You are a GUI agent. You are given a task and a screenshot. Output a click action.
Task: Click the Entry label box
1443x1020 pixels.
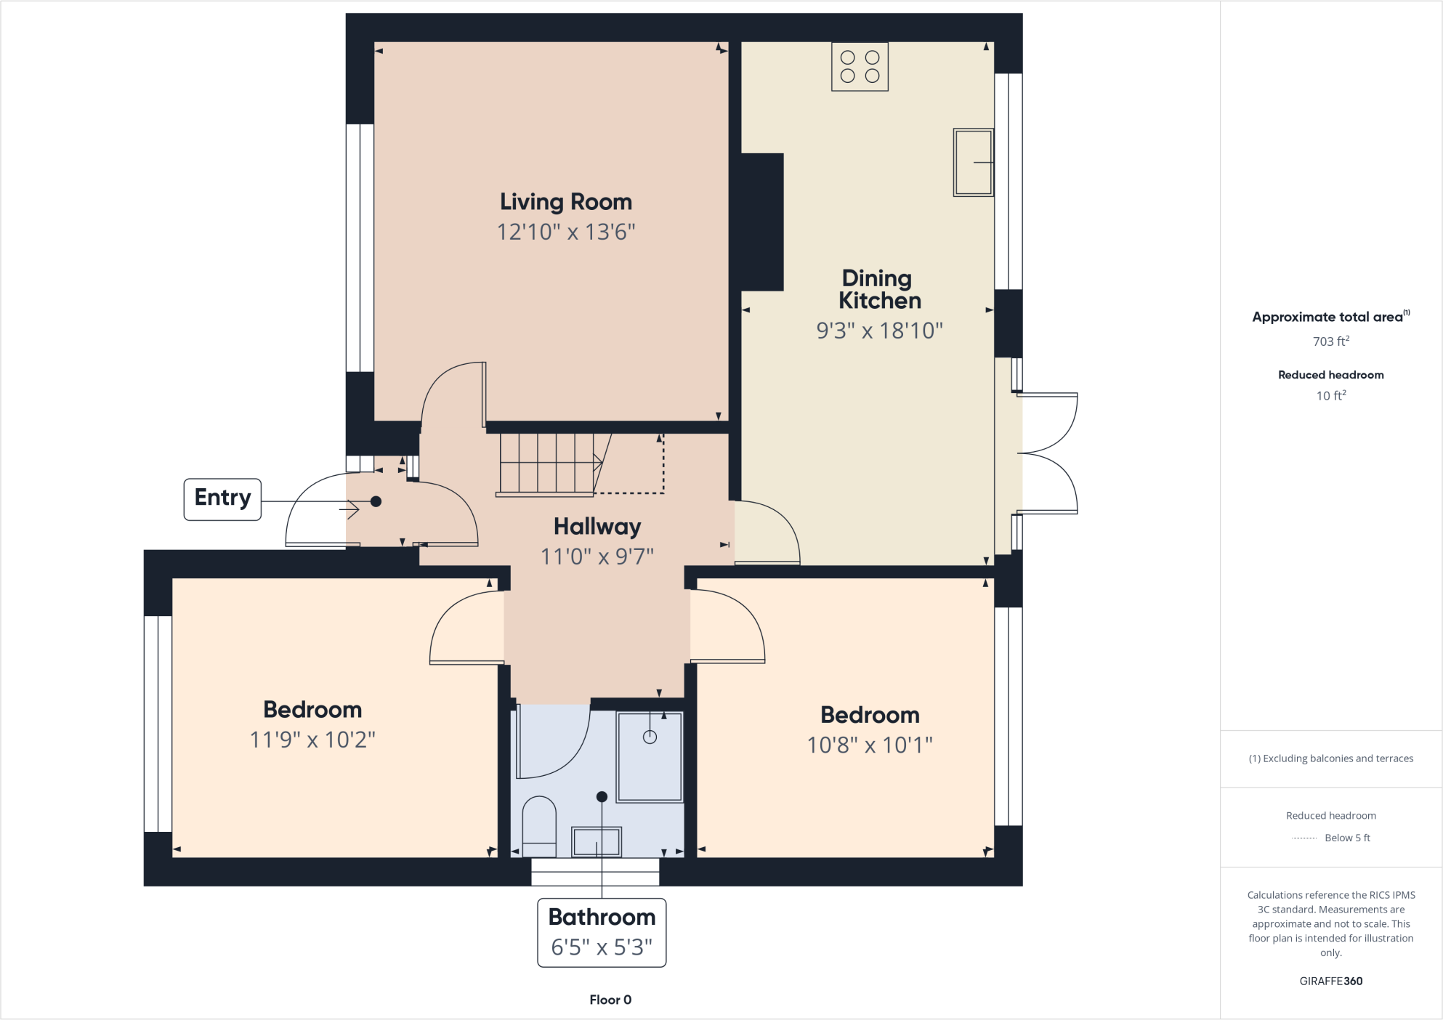click(222, 499)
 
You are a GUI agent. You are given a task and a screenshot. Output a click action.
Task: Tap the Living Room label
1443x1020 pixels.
click(565, 201)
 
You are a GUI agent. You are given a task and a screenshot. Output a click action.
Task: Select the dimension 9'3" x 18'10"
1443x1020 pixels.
click(879, 331)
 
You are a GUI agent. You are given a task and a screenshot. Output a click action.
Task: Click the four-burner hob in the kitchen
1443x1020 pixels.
click(860, 67)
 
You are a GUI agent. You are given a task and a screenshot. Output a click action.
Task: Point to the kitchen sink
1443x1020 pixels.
click(973, 163)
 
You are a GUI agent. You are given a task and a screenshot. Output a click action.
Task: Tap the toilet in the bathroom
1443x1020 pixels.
click(539, 827)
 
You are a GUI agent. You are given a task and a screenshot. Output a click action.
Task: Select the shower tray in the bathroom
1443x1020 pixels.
click(650, 756)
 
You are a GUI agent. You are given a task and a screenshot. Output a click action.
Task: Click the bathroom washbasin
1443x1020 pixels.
click(597, 842)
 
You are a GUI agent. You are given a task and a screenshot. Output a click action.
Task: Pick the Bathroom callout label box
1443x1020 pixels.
click(602, 932)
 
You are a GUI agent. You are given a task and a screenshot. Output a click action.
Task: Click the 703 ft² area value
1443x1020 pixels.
click(1330, 341)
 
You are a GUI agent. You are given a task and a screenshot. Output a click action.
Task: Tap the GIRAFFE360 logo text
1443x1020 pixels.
click(1330, 981)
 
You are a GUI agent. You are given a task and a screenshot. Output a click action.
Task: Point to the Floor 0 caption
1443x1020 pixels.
click(610, 1000)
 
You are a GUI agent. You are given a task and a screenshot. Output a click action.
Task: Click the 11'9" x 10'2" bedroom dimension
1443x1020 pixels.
click(312, 740)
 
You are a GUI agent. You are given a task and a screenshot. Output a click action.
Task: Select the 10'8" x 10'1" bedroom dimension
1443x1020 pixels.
click(870, 745)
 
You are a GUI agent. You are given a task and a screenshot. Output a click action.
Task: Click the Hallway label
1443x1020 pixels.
click(597, 526)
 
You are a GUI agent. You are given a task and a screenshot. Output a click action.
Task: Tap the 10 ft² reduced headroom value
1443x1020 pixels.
click(1330, 396)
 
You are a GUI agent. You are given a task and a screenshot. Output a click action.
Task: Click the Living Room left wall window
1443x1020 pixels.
click(360, 248)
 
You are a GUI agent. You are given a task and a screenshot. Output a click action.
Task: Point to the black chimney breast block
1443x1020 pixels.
click(761, 222)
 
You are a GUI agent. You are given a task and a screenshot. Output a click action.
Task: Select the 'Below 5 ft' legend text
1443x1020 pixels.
click(1347, 838)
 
